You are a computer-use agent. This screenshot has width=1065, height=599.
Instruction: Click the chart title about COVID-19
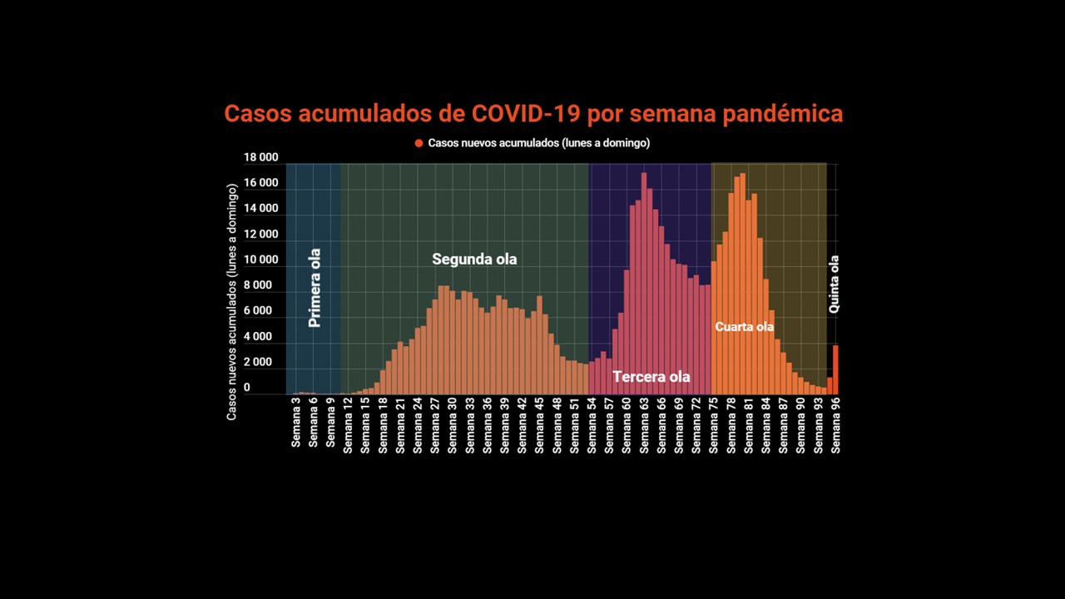pos(533,114)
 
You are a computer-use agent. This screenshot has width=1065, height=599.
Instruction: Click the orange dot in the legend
pos(419,143)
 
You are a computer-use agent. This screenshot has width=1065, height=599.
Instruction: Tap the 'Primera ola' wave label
pos(315,287)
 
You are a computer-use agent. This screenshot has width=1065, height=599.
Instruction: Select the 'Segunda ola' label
pos(474,260)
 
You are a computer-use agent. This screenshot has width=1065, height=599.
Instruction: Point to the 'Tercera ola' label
pos(651,377)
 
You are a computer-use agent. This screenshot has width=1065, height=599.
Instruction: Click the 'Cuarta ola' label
pos(744,327)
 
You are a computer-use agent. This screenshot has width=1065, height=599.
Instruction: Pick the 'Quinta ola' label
pos(834,284)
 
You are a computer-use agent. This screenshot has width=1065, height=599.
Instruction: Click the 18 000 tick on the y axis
pos(260,158)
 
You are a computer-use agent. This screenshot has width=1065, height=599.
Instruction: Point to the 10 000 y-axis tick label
pos(260,260)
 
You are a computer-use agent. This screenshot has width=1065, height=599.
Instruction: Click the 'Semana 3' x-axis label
pos(296,423)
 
